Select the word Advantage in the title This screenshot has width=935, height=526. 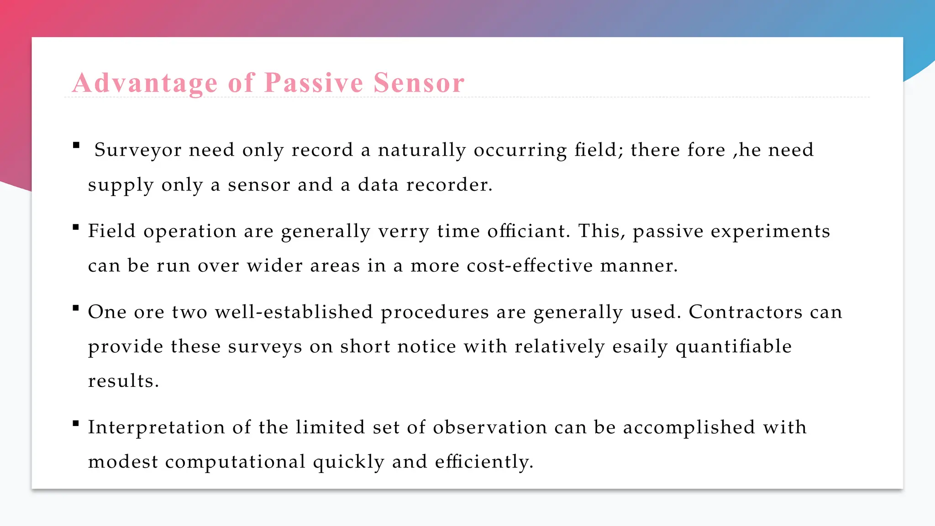pos(145,83)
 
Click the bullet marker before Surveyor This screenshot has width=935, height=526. pos(76,146)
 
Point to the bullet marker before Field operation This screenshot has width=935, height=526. pos(76,227)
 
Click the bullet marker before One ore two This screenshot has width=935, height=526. pos(76,308)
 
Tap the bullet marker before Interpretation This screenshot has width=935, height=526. pos(76,423)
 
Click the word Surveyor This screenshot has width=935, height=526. pos(138,150)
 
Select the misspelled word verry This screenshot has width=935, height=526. pos(404,231)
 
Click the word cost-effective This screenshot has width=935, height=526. pos(530,265)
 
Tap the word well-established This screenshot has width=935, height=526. pos(294,312)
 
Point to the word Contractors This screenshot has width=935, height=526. pos(746,312)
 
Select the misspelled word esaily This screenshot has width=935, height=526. pos(640,347)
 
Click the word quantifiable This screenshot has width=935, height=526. pos(734,347)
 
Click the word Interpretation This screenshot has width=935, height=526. pos(157,427)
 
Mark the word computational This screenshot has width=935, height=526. pos(235,462)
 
